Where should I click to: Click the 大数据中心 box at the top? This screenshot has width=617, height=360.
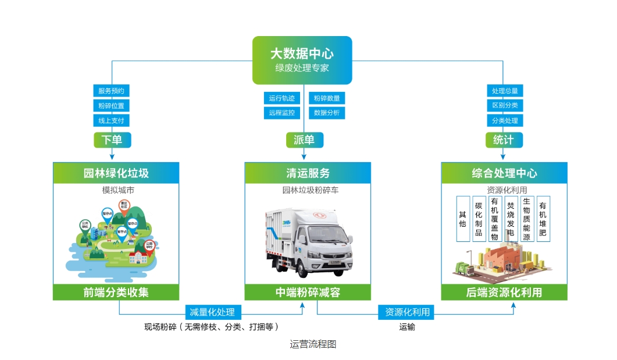302,60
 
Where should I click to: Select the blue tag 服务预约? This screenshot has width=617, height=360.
111,91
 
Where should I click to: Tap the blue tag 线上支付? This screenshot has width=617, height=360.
111,120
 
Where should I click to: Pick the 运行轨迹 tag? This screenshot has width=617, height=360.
281,98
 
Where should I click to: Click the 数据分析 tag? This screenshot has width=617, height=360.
327,113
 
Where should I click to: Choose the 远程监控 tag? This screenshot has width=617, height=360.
281,113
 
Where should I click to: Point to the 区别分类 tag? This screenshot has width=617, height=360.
504,106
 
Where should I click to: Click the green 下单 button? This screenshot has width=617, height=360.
112,140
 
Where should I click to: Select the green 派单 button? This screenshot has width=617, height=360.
304,140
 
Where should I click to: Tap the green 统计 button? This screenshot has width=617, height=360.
504,140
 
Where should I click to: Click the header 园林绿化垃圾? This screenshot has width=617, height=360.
116,173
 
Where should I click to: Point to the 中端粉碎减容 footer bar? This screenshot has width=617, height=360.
308,292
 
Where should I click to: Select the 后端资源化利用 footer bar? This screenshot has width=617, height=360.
504,292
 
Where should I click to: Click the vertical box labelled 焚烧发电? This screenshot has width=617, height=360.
511,219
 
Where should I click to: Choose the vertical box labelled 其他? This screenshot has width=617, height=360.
462,219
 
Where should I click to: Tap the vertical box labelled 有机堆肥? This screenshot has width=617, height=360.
543,219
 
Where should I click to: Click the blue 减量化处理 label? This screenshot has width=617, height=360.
212,312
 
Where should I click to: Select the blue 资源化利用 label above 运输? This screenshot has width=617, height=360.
407,312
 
